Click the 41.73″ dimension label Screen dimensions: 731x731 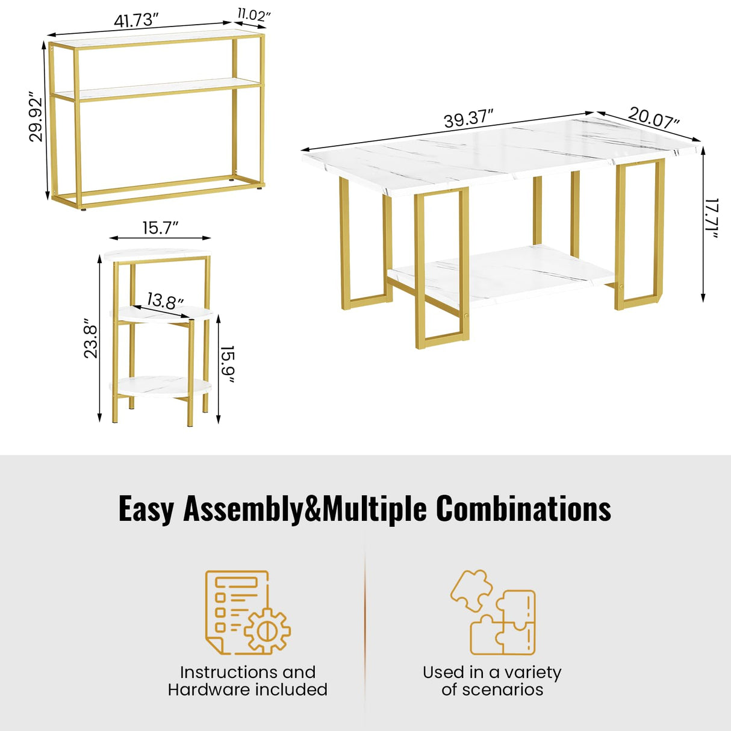pyautogui.click(x=136, y=20)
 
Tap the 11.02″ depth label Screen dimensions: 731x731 pyautogui.click(x=254, y=15)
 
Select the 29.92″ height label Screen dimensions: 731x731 pyautogui.click(x=36, y=116)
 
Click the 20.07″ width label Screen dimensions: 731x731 pyautogui.click(x=654, y=117)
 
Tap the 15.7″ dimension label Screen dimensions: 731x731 pyautogui.click(x=160, y=228)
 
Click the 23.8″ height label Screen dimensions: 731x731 pyautogui.click(x=91, y=338)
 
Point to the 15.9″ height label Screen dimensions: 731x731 pyautogui.click(x=228, y=364)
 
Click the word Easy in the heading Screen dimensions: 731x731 pyautogui.click(x=146, y=509)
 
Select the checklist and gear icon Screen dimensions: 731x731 pyautogui.click(x=248, y=612)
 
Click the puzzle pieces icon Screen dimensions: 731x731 pyautogui.click(x=493, y=612)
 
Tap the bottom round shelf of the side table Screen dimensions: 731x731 pyautogui.click(x=160, y=386)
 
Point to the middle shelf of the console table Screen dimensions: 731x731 pyautogui.click(x=155, y=90)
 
